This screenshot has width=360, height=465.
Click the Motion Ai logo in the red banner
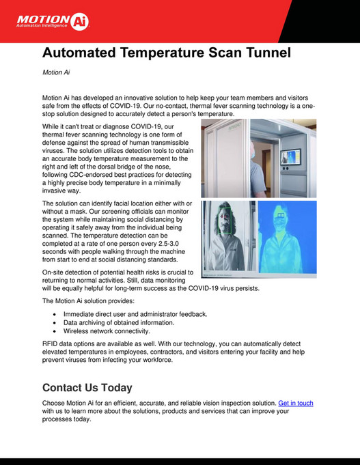tap(43, 21)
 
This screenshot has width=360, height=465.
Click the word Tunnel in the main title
tap(259, 53)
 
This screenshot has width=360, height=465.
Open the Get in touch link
tap(295, 404)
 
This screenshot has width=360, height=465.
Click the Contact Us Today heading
tap(87, 387)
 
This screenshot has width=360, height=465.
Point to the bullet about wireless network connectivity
tap(107, 330)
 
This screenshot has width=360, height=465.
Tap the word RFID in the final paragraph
tap(51, 344)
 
